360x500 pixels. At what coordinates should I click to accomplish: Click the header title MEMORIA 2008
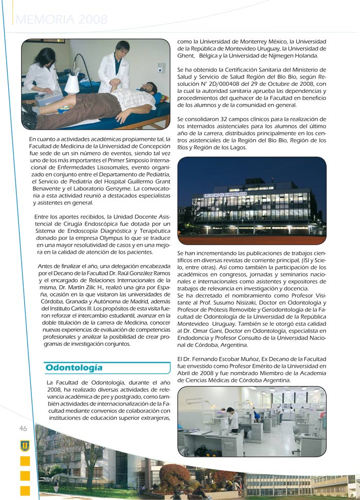[62, 20]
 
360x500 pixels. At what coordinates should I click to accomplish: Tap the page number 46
[23, 429]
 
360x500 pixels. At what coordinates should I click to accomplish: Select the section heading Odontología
[74, 367]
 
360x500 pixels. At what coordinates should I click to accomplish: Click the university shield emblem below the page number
[25, 445]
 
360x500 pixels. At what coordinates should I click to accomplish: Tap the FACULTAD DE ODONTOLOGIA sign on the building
[225, 195]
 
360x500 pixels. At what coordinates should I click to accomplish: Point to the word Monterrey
[260, 41]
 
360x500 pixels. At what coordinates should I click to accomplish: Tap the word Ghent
[186, 55]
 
